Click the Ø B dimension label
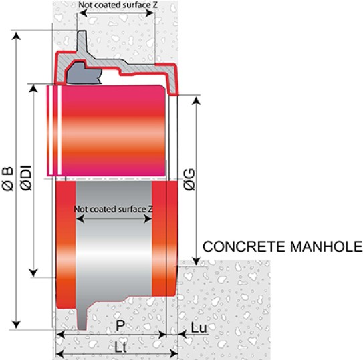click(x=8, y=178)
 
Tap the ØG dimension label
click(x=189, y=180)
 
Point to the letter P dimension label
click(x=120, y=325)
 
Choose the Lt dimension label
click(x=120, y=347)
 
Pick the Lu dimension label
click(x=199, y=328)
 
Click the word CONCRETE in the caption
click(x=244, y=246)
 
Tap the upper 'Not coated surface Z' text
click(x=118, y=5)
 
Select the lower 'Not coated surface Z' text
click(x=113, y=209)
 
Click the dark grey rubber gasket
click(x=84, y=73)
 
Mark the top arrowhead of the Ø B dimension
click(x=16, y=36)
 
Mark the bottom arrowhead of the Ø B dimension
click(x=16, y=324)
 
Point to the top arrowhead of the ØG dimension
click(x=197, y=101)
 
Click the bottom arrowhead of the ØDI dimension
click(x=34, y=273)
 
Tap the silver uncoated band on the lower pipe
click(x=114, y=238)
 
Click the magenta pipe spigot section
click(x=106, y=130)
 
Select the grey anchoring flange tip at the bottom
click(x=82, y=319)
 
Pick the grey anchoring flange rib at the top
click(x=82, y=42)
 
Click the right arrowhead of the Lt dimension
click(x=174, y=353)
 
